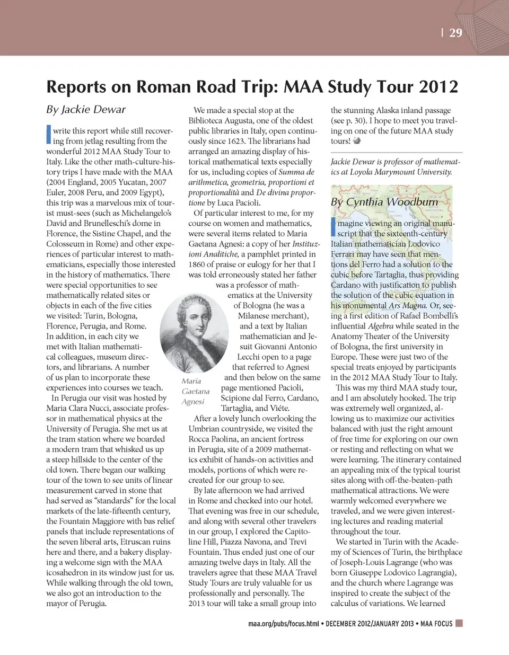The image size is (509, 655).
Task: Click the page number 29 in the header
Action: [455, 33]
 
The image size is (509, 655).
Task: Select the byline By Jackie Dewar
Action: [86, 110]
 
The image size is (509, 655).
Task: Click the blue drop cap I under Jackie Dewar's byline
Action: [49, 135]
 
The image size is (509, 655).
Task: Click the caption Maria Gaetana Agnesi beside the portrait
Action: [195, 391]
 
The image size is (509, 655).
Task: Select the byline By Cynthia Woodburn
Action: [384, 202]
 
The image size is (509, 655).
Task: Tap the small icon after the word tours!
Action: [357, 141]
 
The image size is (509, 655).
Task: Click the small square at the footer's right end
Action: [459, 623]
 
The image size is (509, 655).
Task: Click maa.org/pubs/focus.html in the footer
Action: [284, 624]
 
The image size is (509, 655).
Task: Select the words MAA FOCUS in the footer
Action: [436, 624]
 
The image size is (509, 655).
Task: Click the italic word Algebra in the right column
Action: [381, 326]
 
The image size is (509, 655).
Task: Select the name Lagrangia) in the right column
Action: [432, 573]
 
